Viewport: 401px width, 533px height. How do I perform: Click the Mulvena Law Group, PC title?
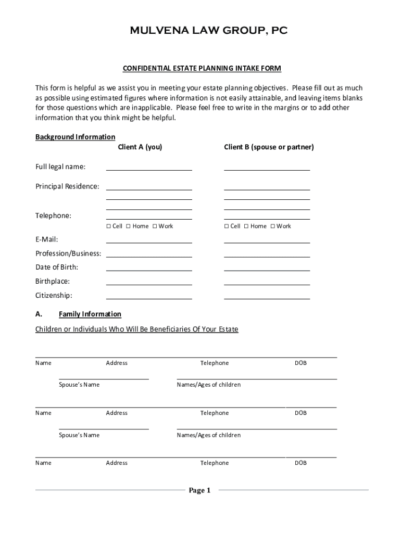208,31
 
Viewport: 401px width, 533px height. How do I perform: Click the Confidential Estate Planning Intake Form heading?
202,68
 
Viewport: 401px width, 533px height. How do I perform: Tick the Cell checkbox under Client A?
109,226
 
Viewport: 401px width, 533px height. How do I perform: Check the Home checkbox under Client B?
247,226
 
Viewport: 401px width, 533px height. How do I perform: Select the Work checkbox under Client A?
155,226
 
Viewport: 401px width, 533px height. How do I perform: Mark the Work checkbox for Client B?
273,226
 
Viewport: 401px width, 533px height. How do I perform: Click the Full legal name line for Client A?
149,167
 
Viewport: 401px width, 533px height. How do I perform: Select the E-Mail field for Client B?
267,240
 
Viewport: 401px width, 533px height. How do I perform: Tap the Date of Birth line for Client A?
149,268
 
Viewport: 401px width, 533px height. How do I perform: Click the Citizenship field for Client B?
267,296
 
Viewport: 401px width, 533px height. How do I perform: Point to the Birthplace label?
53,281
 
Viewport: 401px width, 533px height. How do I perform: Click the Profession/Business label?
68,253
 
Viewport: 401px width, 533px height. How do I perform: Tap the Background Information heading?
75,137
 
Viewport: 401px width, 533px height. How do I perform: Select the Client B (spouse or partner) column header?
269,147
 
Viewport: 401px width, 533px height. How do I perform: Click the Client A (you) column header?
140,147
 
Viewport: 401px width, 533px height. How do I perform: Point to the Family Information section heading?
90,314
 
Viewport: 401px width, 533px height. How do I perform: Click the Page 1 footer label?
199,490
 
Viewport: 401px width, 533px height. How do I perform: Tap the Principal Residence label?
67,186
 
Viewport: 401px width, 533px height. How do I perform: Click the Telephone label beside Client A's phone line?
53,215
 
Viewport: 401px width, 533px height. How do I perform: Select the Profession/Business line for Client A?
149,254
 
